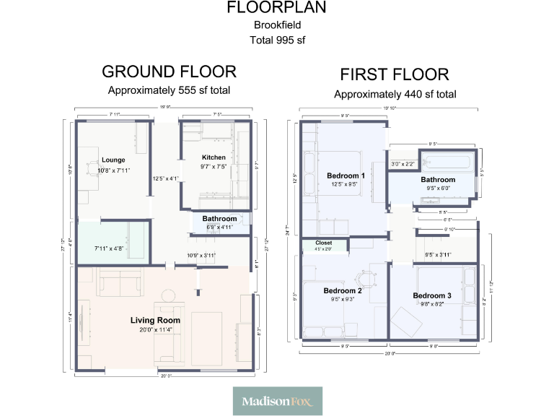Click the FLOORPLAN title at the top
[277, 8]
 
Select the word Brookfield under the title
[277, 25]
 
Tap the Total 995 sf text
[277, 40]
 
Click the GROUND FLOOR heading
[169, 71]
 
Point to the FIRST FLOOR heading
[395, 74]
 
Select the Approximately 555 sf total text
[169, 90]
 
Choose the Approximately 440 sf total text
[395, 94]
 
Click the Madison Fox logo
[277, 401]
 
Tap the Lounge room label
[113, 160]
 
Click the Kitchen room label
[214, 157]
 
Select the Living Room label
[155, 320]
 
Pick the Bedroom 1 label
[346, 175]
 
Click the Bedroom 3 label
[432, 295]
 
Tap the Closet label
[323, 243]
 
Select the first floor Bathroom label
[438, 179]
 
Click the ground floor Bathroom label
[219, 218]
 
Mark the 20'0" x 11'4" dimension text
[155, 329]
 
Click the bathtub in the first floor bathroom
[449, 162]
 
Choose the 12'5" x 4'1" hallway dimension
[165, 178]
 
